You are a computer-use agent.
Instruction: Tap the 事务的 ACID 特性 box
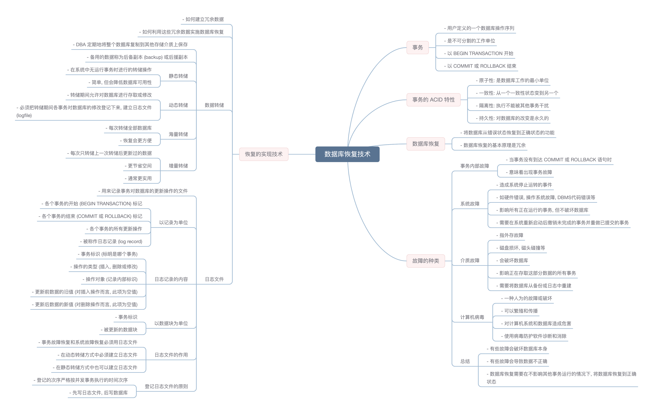pos(433,100)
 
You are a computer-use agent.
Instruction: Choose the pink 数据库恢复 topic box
pos(425,144)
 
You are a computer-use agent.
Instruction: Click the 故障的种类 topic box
pos(425,261)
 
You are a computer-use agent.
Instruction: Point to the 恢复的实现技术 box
pos(264,154)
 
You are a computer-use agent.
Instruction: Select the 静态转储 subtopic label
pos(178,76)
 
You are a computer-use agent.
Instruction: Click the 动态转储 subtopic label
pos(178,105)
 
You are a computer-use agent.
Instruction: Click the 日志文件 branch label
pos(214,279)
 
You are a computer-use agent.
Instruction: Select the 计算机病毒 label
pos(472,317)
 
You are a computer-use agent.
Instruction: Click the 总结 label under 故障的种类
pos(465,361)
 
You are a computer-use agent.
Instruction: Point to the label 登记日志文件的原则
pos(166,386)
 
